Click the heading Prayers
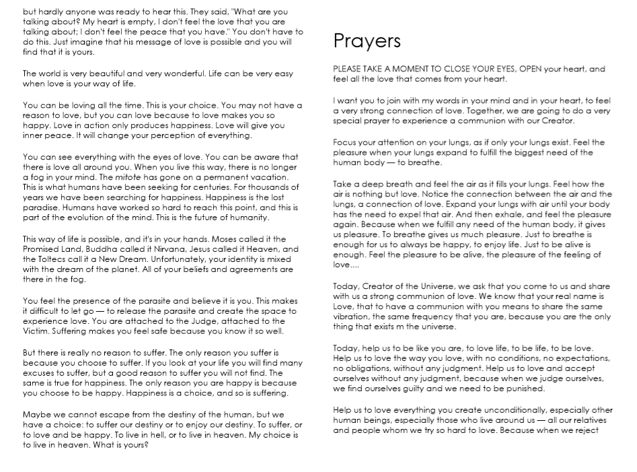[367, 42]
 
